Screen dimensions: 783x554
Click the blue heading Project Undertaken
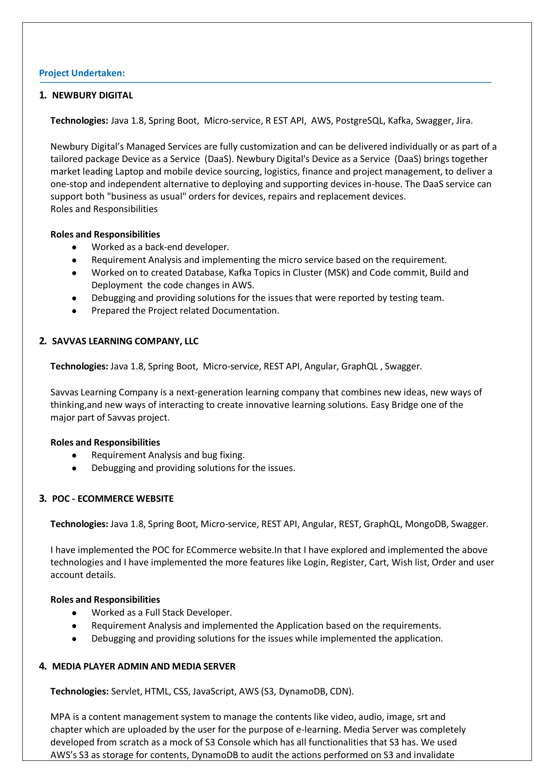click(x=82, y=73)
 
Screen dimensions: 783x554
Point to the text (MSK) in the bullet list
click(x=337, y=272)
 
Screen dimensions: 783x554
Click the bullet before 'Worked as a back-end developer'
click(x=74, y=247)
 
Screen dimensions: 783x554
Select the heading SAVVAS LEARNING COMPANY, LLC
click(x=125, y=341)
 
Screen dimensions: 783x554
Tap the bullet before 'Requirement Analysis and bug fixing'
click(x=74, y=455)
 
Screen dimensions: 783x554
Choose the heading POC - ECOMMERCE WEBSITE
click(x=113, y=498)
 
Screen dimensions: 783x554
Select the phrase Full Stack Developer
click(x=188, y=613)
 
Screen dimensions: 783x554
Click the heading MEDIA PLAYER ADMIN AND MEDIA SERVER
click(x=143, y=667)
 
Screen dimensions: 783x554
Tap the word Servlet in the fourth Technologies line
click(x=125, y=691)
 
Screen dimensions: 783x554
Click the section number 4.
click(x=42, y=667)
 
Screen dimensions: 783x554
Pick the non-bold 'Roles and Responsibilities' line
click(x=104, y=209)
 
